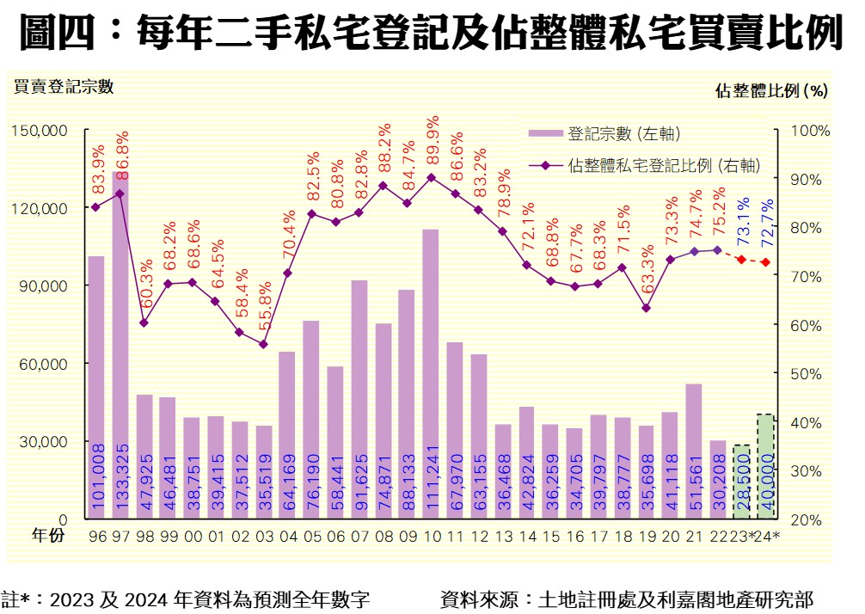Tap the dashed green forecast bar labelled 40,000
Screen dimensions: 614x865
(764, 469)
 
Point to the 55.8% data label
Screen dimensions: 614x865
(264, 313)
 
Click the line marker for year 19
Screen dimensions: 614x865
(646, 308)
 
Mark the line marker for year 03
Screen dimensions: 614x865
(263, 344)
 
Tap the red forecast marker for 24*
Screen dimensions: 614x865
(765, 261)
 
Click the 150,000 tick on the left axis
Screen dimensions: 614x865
(40, 131)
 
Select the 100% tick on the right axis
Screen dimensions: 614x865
(809, 131)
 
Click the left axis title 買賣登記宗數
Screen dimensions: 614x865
(62, 86)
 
